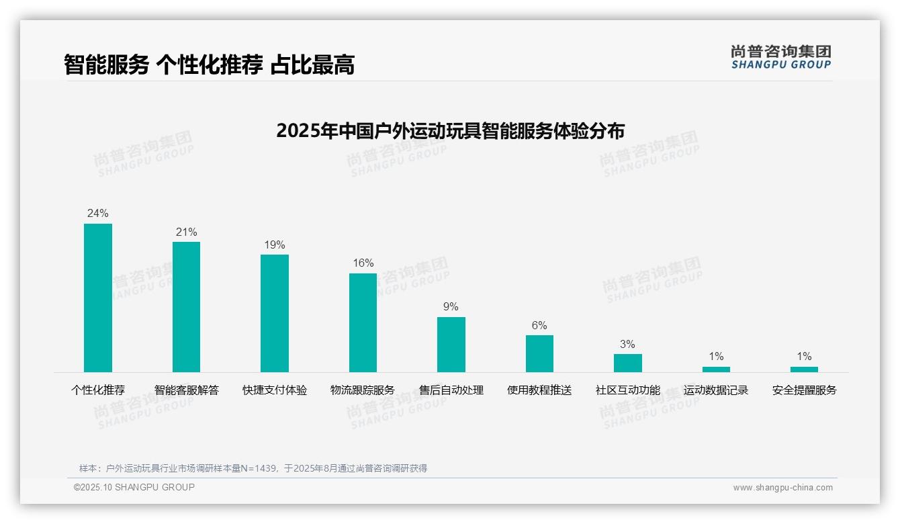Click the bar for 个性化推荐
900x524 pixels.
tap(98, 298)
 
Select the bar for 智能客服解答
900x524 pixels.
tap(186, 306)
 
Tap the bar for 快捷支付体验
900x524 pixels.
tap(275, 313)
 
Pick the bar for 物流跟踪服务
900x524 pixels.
tap(363, 322)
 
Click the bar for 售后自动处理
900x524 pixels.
tap(451, 344)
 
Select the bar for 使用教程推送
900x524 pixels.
tap(539, 353)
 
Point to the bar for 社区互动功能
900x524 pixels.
tap(628, 363)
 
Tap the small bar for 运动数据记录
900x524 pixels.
tap(716, 369)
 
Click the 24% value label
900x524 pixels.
tap(98, 213)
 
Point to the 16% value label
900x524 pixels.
tap(363, 263)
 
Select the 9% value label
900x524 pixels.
tap(451, 306)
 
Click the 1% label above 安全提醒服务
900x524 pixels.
tap(804, 356)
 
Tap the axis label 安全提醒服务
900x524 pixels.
tap(804, 390)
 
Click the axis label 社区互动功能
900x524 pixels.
tap(628, 390)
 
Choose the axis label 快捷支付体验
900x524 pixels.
tap(275, 390)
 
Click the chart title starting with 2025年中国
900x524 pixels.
tap(450, 130)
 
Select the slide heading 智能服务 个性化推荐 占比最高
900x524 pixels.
tap(209, 64)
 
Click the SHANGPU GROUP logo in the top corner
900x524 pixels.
tap(781, 57)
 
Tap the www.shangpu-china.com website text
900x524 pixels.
tap(782, 488)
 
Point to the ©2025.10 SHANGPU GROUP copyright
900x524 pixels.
tap(134, 487)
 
